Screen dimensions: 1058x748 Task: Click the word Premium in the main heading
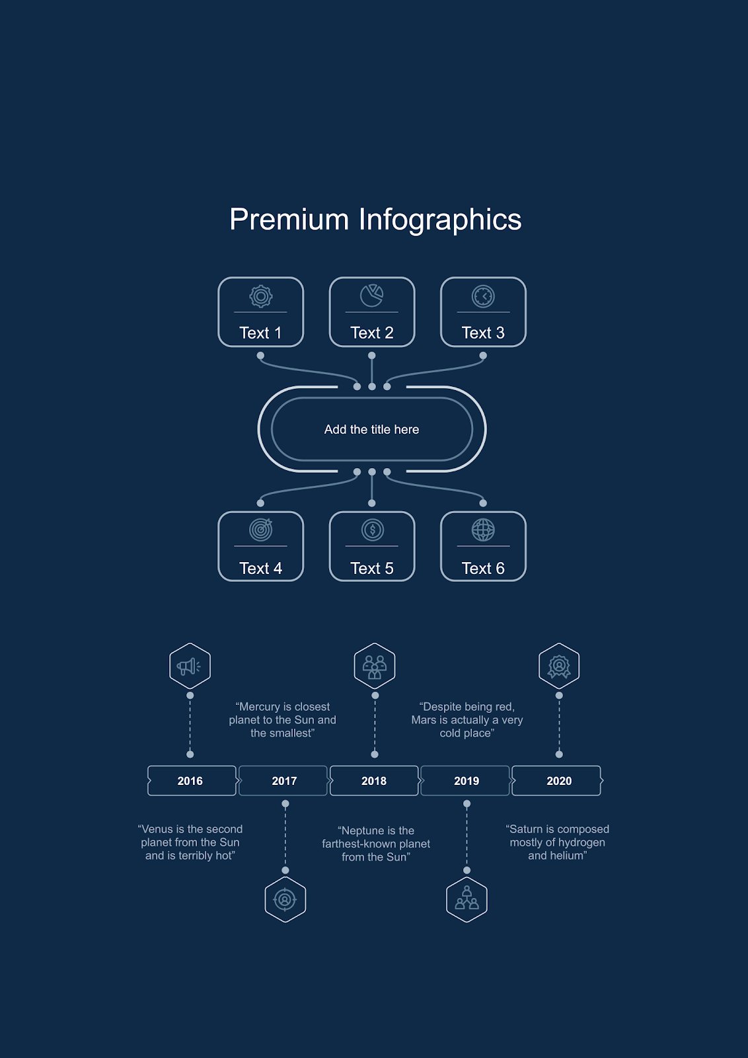289,220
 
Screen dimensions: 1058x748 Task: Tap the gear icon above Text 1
261,296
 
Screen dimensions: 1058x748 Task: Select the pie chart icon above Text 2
371,296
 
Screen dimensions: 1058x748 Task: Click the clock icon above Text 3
483,296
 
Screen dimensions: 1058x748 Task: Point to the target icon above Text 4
261,530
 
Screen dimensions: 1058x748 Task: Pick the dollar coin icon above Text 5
373,530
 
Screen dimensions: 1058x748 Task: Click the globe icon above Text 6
483,530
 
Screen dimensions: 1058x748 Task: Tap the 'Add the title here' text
371,430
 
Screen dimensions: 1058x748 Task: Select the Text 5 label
372,569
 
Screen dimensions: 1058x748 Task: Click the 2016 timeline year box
190,781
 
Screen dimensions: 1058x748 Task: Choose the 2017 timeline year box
284,781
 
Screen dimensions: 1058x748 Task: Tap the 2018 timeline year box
374,781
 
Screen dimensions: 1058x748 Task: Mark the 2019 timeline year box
467,781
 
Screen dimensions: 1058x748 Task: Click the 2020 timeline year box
559,781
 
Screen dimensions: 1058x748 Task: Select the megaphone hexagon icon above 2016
190,666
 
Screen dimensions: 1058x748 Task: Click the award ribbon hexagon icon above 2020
559,666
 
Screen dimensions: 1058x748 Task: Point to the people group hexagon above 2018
375,666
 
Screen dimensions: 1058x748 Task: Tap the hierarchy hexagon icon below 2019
467,899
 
